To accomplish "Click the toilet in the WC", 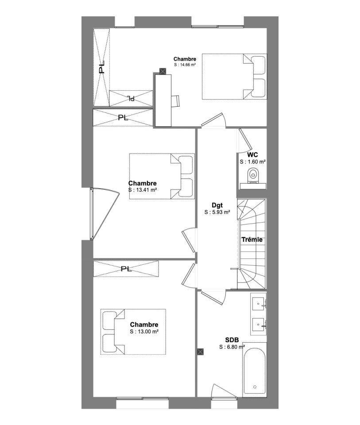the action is (x=253, y=176).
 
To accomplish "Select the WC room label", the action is (x=253, y=155).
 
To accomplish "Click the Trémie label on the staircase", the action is (x=252, y=240).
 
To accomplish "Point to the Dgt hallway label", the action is (x=217, y=205).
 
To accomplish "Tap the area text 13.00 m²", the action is (x=144, y=332).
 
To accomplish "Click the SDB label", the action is (x=232, y=340).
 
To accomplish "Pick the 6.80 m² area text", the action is (x=232, y=347).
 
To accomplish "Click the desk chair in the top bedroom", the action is (x=176, y=101).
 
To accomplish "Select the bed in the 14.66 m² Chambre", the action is (x=235, y=77).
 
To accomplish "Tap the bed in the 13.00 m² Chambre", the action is (x=133, y=332).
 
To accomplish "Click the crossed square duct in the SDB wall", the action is (x=200, y=352).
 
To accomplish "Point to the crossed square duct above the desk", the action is (x=163, y=71).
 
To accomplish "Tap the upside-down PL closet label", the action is (x=131, y=98).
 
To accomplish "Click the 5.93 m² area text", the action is (x=217, y=212).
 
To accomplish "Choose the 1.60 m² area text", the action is (x=253, y=162).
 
